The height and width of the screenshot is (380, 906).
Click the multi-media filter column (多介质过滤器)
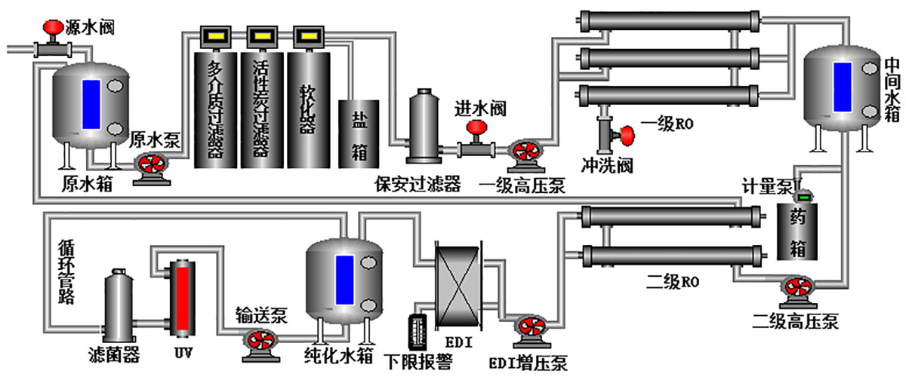216,106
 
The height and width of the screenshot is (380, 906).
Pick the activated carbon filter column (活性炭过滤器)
261,106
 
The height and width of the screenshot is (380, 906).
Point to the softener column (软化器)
307,106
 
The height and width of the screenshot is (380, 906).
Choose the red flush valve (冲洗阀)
624,135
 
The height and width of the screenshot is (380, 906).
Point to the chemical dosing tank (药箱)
803,229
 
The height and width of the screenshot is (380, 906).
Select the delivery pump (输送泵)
259,344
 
